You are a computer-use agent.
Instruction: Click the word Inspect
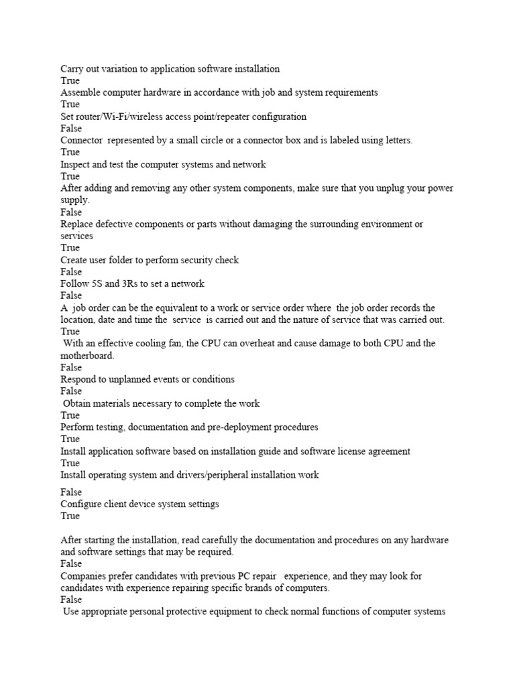(76, 164)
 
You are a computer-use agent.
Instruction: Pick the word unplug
(399, 188)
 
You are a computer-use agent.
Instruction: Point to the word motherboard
(87, 355)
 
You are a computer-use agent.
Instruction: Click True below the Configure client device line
(70, 516)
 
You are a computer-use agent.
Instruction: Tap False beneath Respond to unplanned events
(71, 391)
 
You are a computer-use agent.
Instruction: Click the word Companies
(84, 576)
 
